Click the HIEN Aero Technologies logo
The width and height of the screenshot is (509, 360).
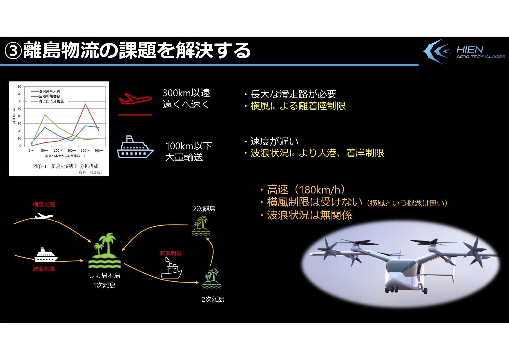pyautogui.click(x=464, y=51)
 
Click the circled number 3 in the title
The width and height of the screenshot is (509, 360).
pyautogui.click(x=13, y=51)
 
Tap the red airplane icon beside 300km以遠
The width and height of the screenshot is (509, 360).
pyautogui.click(x=135, y=99)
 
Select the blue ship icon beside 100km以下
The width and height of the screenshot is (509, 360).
pyautogui.click(x=135, y=147)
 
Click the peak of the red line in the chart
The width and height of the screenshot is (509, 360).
pyautogui.click(x=85, y=104)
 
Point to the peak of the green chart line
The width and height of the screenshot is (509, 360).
pyautogui.click(x=45, y=115)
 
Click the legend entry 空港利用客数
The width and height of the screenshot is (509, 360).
pyautogui.click(x=50, y=96)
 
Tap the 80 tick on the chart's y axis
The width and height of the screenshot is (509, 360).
pyautogui.click(x=19, y=86)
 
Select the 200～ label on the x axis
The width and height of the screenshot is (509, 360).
pyautogui.click(x=72, y=151)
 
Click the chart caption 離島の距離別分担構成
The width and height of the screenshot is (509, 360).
pyautogui.click(x=75, y=166)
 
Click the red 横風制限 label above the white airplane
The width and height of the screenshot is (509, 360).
pyautogui.click(x=44, y=205)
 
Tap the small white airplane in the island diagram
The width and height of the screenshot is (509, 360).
pyautogui.click(x=44, y=216)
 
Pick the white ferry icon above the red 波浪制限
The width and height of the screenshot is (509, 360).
pyautogui.click(x=46, y=255)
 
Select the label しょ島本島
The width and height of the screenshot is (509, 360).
pyautogui.click(x=104, y=276)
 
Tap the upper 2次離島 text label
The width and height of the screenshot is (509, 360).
pyautogui.click(x=204, y=209)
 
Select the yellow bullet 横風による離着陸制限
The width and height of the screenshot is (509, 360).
pyautogui.click(x=298, y=106)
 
